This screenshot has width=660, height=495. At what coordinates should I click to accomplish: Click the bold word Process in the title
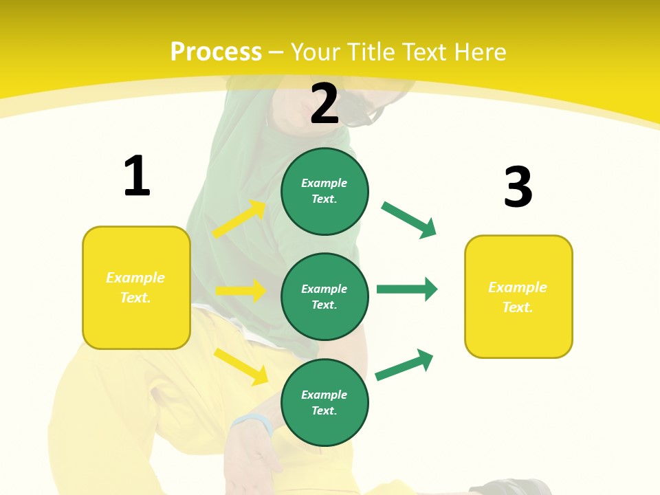[x=216, y=52]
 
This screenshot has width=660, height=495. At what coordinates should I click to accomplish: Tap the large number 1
[x=137, y=177]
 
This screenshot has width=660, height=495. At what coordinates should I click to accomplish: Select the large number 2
[x=324, y=104]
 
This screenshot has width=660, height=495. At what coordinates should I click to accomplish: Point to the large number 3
[x=518, y=187]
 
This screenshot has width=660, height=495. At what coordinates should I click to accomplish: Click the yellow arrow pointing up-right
[x=239, y=219]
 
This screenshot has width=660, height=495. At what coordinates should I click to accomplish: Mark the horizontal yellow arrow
[x=241, y=291]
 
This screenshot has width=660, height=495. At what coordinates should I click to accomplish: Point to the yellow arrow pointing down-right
[x=241, y=366]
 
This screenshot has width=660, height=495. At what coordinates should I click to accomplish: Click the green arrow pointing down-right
[x=409, y=220]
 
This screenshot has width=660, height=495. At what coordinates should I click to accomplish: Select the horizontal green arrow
[x=407, y=289]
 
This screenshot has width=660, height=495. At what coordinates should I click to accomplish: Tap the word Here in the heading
[x=481, y=52]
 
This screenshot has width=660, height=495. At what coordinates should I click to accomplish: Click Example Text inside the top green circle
[x=324, y=191]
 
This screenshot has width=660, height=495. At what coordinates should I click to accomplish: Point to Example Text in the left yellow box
[x=135, y=287]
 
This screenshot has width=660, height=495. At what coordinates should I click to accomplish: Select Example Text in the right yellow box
[x=518, y=297]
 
